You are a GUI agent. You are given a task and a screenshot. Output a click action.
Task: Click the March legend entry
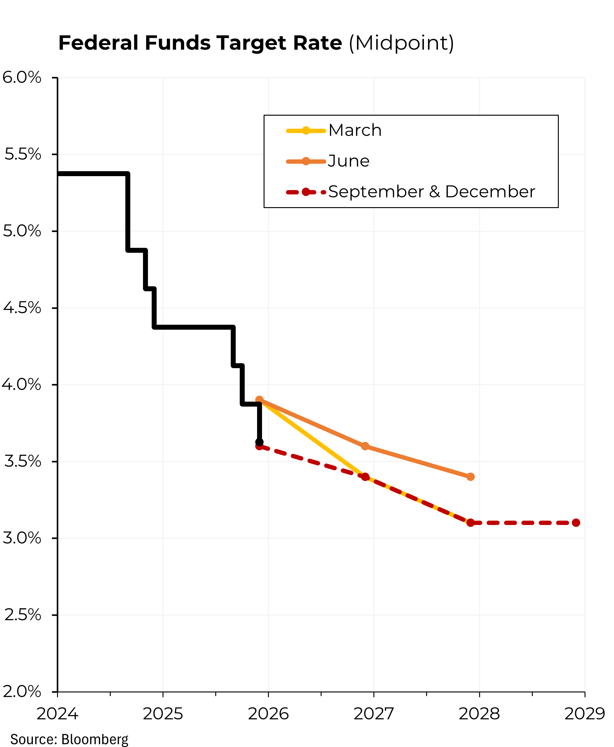click(355, 131)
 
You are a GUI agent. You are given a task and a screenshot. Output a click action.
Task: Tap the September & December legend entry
click(431, 192)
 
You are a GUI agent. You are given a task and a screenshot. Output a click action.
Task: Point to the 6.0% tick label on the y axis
click(22, 78)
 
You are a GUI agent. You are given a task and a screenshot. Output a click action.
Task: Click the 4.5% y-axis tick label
click(22, 308)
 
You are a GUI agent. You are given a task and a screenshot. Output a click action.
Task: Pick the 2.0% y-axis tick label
click(22, 691)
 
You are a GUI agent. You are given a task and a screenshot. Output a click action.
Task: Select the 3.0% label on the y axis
click(22, 538)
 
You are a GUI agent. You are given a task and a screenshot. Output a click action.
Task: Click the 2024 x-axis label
click(57, 714)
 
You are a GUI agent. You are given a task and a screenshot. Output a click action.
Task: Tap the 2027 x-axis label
click(373, 714)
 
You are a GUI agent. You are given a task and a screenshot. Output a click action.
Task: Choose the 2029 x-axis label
click(584, 714)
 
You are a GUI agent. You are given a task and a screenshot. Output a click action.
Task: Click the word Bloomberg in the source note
click(95, 739)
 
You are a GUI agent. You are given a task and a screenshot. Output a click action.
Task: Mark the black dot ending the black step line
click(259, 442)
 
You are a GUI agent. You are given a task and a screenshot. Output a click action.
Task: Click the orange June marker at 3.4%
click(470, 477)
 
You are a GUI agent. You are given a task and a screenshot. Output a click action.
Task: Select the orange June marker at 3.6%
click(365, 446)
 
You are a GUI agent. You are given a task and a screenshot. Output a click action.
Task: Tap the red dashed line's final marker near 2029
click(576, 523)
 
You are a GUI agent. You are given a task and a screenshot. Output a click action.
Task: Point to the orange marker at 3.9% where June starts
click(259, 400)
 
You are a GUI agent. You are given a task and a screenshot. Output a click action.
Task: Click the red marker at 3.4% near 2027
click(365, 477)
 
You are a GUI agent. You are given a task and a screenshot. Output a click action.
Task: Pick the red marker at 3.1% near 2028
click(470, 523)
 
